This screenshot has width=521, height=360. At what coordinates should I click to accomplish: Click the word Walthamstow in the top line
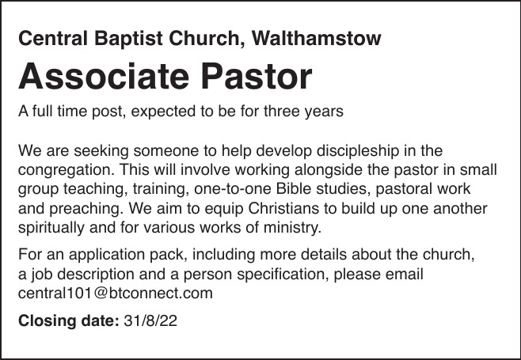click(x=317, y=38)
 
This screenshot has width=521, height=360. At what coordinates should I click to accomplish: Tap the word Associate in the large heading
click(x=104, y=76)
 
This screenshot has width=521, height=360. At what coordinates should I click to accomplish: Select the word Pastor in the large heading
click(x=257, y=76)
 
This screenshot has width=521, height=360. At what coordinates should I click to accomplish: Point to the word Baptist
click(x=128, y=39)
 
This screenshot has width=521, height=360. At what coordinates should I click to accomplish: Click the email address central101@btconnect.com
click(x=116, y=294)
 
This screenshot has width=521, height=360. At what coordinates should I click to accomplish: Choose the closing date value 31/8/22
click(x=150, y=321)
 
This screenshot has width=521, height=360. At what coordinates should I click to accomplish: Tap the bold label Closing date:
click(x=68, y=321)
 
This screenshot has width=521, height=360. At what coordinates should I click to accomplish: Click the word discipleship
click(x=358, y=151)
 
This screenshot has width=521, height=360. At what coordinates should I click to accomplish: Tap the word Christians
click(x=283, y=209)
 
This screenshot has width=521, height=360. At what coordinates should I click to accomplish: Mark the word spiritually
click(x=51, y=229)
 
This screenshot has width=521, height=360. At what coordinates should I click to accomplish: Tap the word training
click(x=161, y=190)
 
